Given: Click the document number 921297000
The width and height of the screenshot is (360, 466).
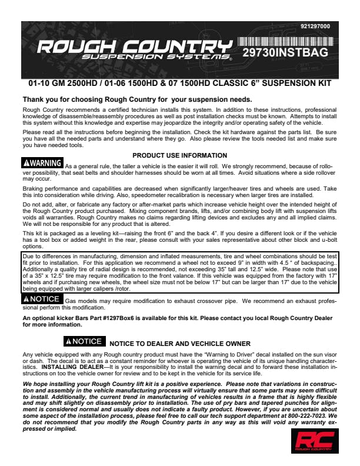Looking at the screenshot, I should (x=315, y=26).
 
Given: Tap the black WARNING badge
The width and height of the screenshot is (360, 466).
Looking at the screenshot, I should (x=42, y=162).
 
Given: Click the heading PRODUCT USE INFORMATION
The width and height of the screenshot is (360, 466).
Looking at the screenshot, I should (x=180, y=155).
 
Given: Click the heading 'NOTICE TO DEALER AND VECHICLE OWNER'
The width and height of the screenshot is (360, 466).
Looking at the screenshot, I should (x=180, y=343).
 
